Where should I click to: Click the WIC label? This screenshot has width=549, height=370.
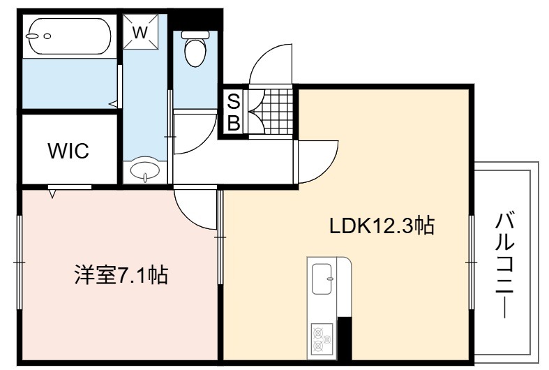[x=68, y=151]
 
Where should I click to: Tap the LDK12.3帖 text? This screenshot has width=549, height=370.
[x=382, y=226]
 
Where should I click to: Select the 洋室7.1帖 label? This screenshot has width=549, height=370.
[x=121, y=275]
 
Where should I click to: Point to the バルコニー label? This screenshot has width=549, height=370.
[x=504, y=265]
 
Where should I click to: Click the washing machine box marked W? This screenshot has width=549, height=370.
[x=140, y=32]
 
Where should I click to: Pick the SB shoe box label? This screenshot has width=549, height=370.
[x=234, y=112]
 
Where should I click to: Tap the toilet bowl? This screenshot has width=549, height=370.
[x=195, y=52]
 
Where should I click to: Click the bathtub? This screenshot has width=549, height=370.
[x=70, y=36]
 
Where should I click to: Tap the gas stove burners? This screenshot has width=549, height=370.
[x=321, y=340]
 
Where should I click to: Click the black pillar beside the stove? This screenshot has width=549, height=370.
[x=344, y=339]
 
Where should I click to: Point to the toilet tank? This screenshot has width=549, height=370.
[x=195, y=34]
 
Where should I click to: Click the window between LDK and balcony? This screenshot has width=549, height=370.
[x=472, y=262]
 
